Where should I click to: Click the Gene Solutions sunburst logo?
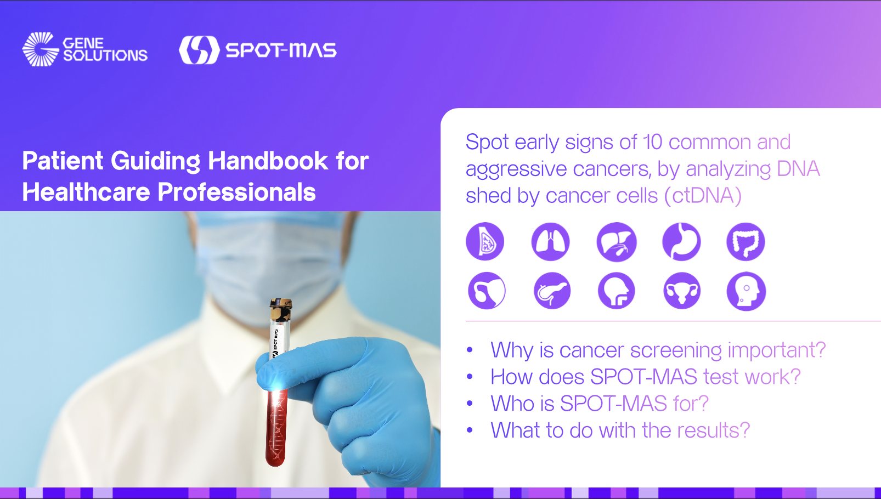tap(40, 49)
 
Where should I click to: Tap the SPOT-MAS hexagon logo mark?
tap(199, 50)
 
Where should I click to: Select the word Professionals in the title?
tap(236, 192)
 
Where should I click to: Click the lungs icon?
tap(550, 241)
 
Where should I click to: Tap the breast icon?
tap(485, 241)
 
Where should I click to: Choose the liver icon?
tap(616, 242)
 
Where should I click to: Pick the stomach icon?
tap(681, 241)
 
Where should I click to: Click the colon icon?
tap(746, 242)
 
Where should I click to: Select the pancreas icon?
tap(552, 291)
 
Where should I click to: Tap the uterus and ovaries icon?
tap(681, 291)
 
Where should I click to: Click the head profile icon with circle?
tap(746, 291)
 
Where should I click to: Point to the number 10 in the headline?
tap(652, 142)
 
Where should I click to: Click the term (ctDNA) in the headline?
tap(703, 196)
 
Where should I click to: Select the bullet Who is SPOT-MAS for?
tap(600, 404)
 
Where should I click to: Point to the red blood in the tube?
tap(276, 428)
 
